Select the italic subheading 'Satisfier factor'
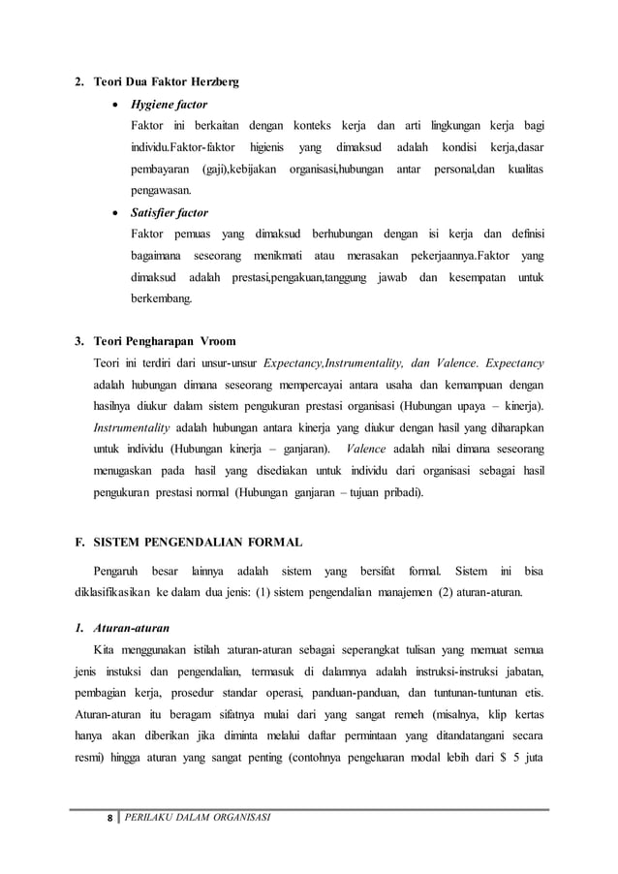[170, 212]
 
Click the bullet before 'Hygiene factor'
[114, 105]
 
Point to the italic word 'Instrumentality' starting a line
[131, 427]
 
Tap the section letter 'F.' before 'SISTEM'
[81, 540]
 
